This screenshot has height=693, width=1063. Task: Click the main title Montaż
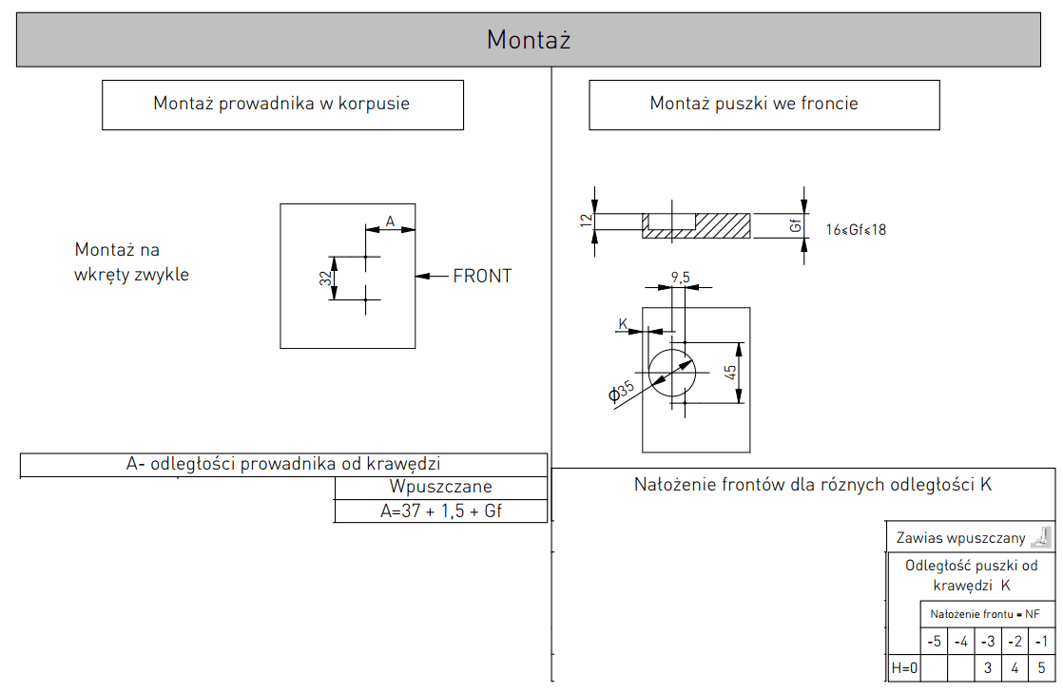[528, 40]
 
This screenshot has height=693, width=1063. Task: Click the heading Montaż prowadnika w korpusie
[281, 104]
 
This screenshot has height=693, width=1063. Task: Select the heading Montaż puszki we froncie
[754, 103]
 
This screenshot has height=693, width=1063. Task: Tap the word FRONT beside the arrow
[482, 276]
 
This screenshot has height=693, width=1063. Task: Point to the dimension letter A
[390, 221]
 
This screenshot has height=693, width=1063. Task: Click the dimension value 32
[326, 278]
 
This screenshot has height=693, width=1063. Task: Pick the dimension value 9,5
[681, 278]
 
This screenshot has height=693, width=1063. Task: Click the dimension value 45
[729, 373]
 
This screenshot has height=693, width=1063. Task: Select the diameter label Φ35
[620, 392]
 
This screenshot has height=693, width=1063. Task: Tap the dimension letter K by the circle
[623, 323]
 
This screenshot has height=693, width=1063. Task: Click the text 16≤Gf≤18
[856, 230]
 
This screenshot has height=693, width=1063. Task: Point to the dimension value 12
[587, 221]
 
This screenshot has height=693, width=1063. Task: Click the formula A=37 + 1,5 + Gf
[440, 511]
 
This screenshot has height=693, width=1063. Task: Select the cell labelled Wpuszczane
[440, 487]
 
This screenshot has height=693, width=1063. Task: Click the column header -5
[935, 642]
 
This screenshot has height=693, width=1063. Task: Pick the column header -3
[988, 642]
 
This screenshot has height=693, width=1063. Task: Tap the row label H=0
[904, 668]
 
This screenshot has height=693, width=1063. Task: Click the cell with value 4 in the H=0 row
[1015, 668]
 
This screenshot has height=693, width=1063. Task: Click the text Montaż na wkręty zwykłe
[131, 262]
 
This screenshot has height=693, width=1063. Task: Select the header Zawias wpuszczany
[960, 538]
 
